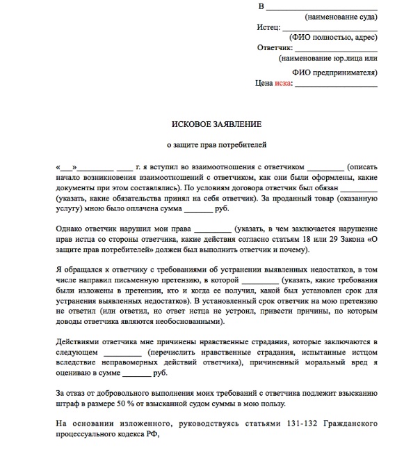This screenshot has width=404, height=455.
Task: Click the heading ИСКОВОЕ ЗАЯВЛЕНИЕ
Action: point(216,123)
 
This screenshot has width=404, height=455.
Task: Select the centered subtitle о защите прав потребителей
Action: point(216,146)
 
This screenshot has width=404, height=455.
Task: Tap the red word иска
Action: point(282,83)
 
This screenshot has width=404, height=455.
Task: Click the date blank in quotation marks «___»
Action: point(67,169)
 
